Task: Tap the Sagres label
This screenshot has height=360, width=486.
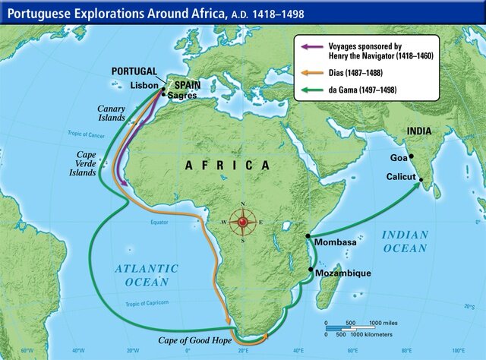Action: (x=182, y=96)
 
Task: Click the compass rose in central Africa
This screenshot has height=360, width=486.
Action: (x=242, y=222)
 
